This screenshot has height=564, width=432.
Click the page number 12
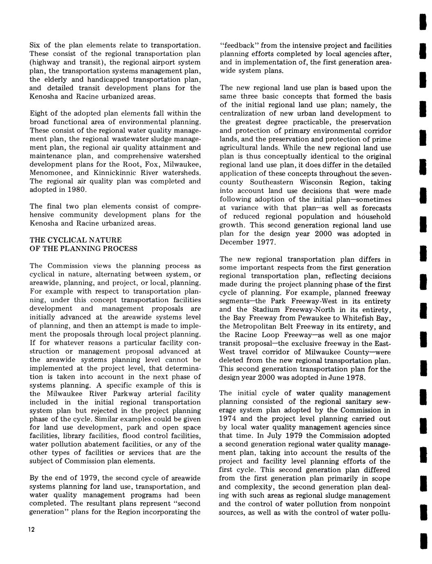[32, 530]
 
